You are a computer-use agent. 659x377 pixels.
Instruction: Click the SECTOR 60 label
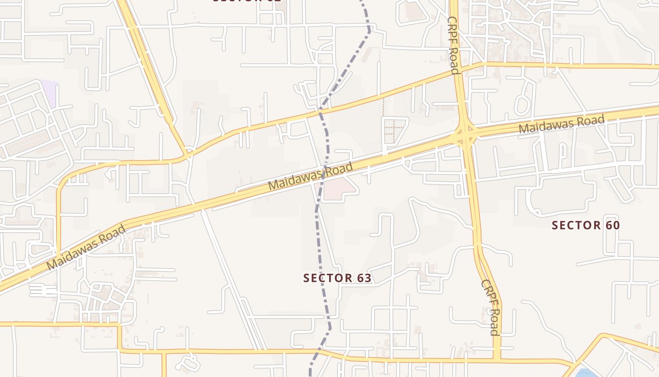click(x=586, y=225)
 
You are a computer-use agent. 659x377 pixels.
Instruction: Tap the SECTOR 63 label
click(x=338, y=278)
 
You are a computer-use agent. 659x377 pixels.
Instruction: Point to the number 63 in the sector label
click(x=364, y=278)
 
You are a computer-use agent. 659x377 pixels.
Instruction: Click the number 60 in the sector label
click(x=612, y=225)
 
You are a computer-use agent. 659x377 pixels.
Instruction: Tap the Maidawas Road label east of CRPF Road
click(x=561, y=124)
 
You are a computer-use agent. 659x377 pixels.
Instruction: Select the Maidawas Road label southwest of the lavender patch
click(x=86, y=247)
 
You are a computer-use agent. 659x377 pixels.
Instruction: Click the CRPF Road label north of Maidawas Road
click(x=453, y=45)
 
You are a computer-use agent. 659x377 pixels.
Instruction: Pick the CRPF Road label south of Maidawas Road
click(x=490, y=307)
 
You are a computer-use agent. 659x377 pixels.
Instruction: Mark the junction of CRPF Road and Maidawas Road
click(x=465, y=135)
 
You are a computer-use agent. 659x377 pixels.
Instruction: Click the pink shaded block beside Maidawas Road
click(x=338, y=189)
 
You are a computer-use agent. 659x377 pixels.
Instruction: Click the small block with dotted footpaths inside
click(x=394, y=130)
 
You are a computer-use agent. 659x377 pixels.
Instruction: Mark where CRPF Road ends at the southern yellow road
click(x=497, y=359)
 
